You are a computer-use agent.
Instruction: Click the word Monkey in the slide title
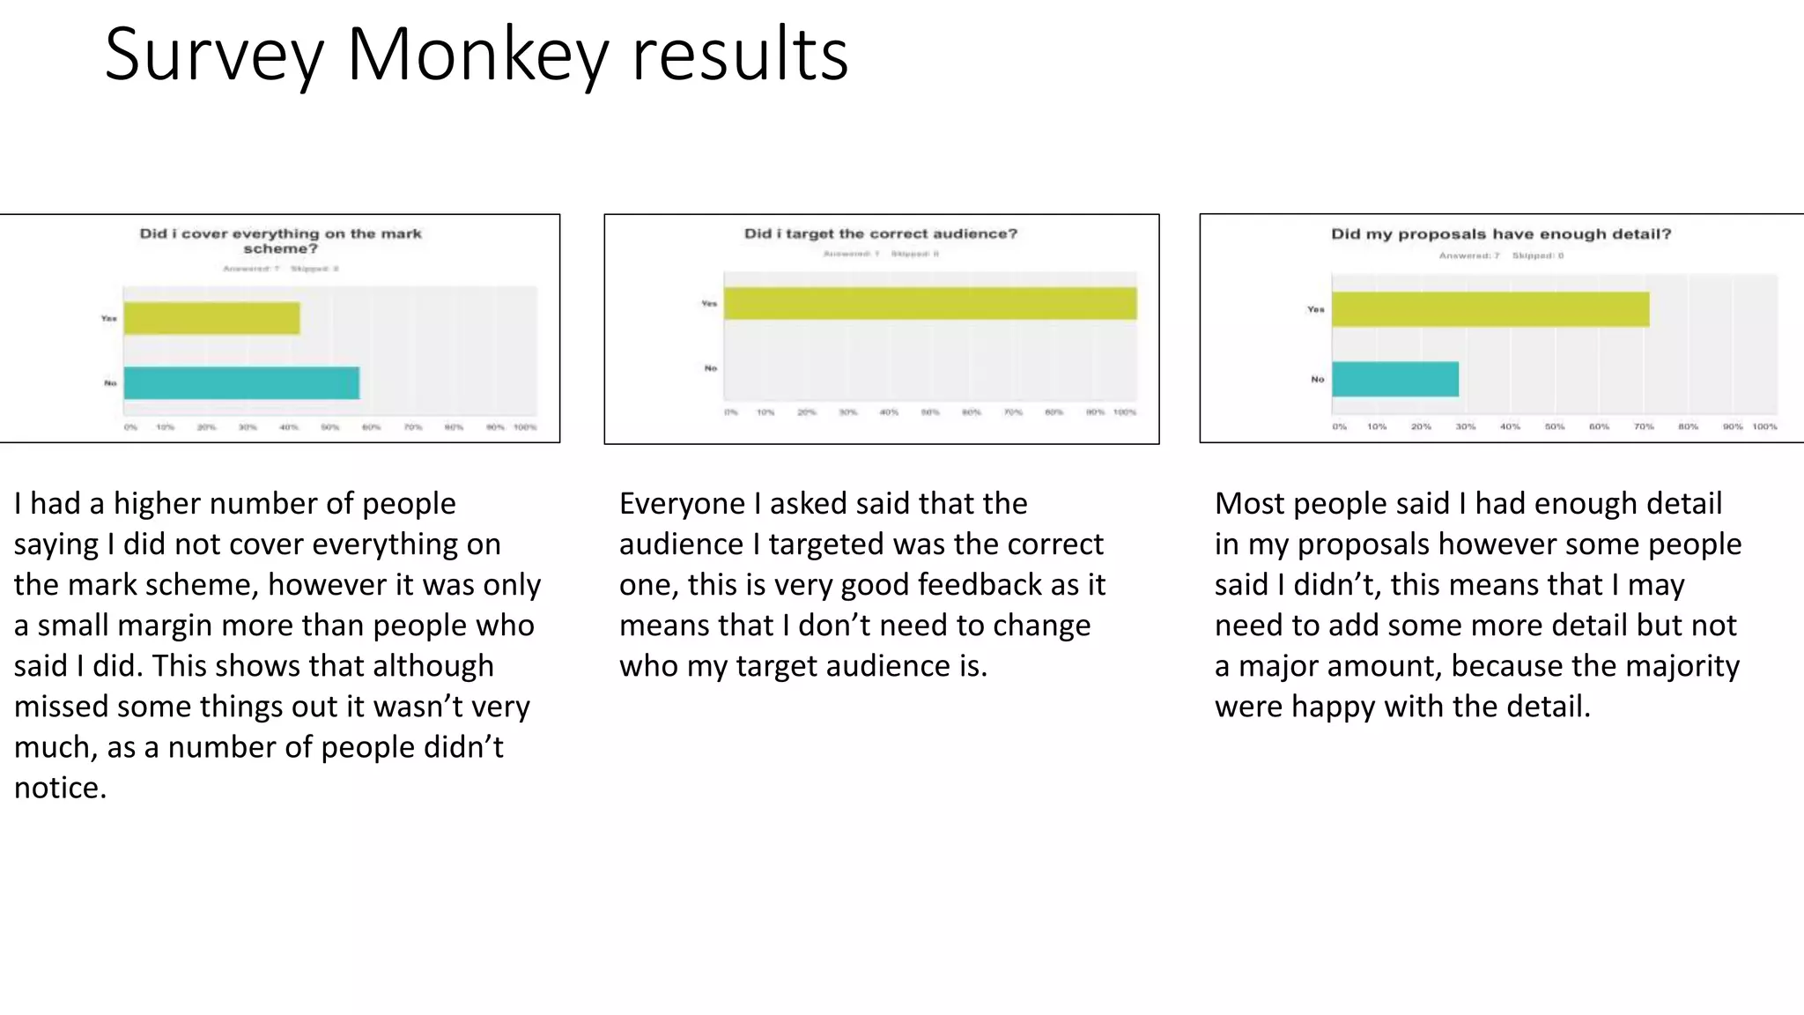[477, 55]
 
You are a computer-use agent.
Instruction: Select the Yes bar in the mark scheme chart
[211, 318]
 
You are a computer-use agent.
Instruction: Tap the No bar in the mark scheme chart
[241, 383]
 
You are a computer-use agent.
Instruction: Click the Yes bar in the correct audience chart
[930, 303]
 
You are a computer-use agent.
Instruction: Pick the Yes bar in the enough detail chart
[1490, 309]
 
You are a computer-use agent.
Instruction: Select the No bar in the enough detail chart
[1395, 379]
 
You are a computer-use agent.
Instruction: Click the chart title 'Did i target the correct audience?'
[880, 233]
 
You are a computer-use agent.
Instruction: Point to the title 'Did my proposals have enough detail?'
[1500, 233]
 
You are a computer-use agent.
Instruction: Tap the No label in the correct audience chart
[711, 368]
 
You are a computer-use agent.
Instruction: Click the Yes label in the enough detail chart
[1315, 309]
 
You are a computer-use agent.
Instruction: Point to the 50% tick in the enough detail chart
[1555, 426]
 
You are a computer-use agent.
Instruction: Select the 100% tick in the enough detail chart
[1764, 426]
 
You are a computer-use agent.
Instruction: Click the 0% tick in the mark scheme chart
[130, 427]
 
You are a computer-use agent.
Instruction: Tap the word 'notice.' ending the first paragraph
[60, 788]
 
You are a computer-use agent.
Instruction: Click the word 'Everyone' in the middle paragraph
[682, 504]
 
